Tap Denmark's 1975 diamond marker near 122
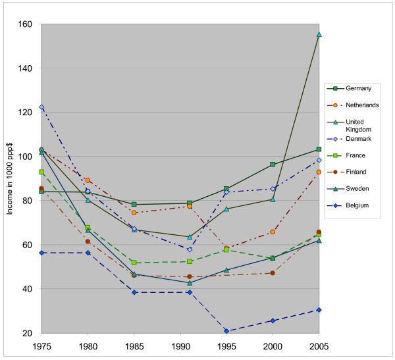click(x=41, y=107)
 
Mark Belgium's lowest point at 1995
click(x=226, y=331)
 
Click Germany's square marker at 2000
click(x=272, y=165)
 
